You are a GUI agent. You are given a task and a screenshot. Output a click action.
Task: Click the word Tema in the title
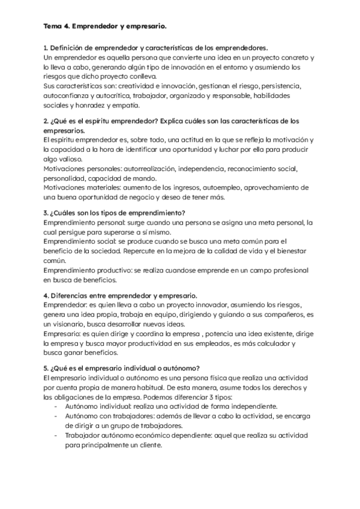click(x=52, y=27)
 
